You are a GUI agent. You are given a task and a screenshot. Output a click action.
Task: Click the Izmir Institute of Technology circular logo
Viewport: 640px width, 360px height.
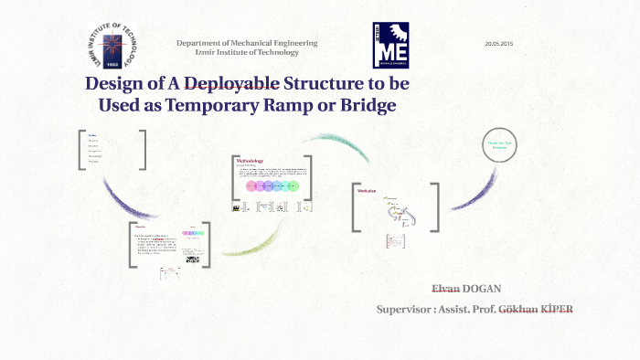coord(109,46)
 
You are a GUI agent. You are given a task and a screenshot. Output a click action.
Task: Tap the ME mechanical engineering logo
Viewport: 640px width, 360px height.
coord(390,46)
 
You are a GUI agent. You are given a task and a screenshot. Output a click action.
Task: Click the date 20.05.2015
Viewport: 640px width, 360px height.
coord(498,44)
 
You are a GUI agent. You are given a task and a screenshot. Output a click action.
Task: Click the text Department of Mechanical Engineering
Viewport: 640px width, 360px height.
coord(247,43)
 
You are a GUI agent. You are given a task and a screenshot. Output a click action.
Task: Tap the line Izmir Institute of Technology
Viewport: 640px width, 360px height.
coord(247,52)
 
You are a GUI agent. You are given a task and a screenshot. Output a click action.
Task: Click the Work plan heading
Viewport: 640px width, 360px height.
coord(368,190)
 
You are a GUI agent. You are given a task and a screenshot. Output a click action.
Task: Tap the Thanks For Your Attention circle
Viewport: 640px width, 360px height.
coord(503,145)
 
